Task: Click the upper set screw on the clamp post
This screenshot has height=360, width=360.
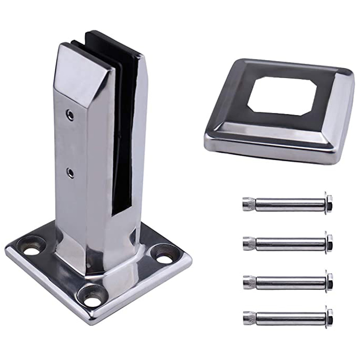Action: coord(71,115)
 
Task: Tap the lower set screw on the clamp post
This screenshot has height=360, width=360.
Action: coord(71,173)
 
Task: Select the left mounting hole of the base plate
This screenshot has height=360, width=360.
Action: coord(32,248)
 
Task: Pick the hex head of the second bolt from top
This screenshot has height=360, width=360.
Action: coord(328,242)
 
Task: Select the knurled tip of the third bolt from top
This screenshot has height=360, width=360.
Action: coord(249,281)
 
